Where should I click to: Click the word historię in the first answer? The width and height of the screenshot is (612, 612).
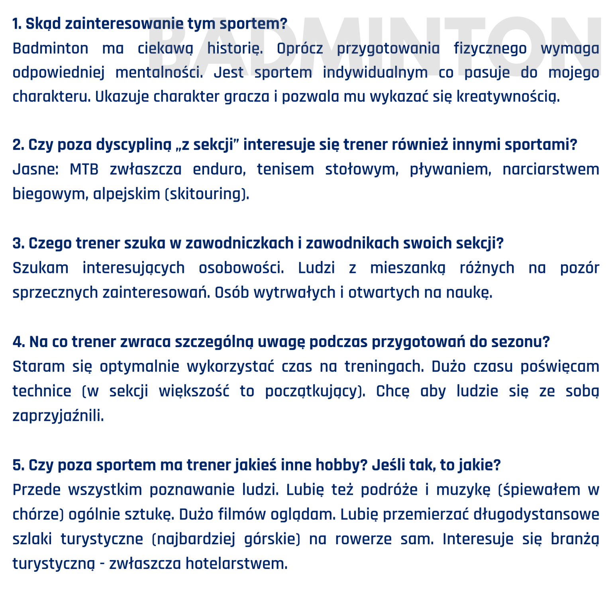[x=235, y=49]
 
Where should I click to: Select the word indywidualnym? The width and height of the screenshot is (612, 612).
[x=375, y=73]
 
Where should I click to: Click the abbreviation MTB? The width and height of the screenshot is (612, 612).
[x=84, y=170]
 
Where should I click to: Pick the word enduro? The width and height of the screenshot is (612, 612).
[x=219, y=170]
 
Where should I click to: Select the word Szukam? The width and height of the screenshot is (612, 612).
[x=40, y=268]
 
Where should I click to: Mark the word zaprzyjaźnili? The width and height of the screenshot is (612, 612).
[x=58, y=416]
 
